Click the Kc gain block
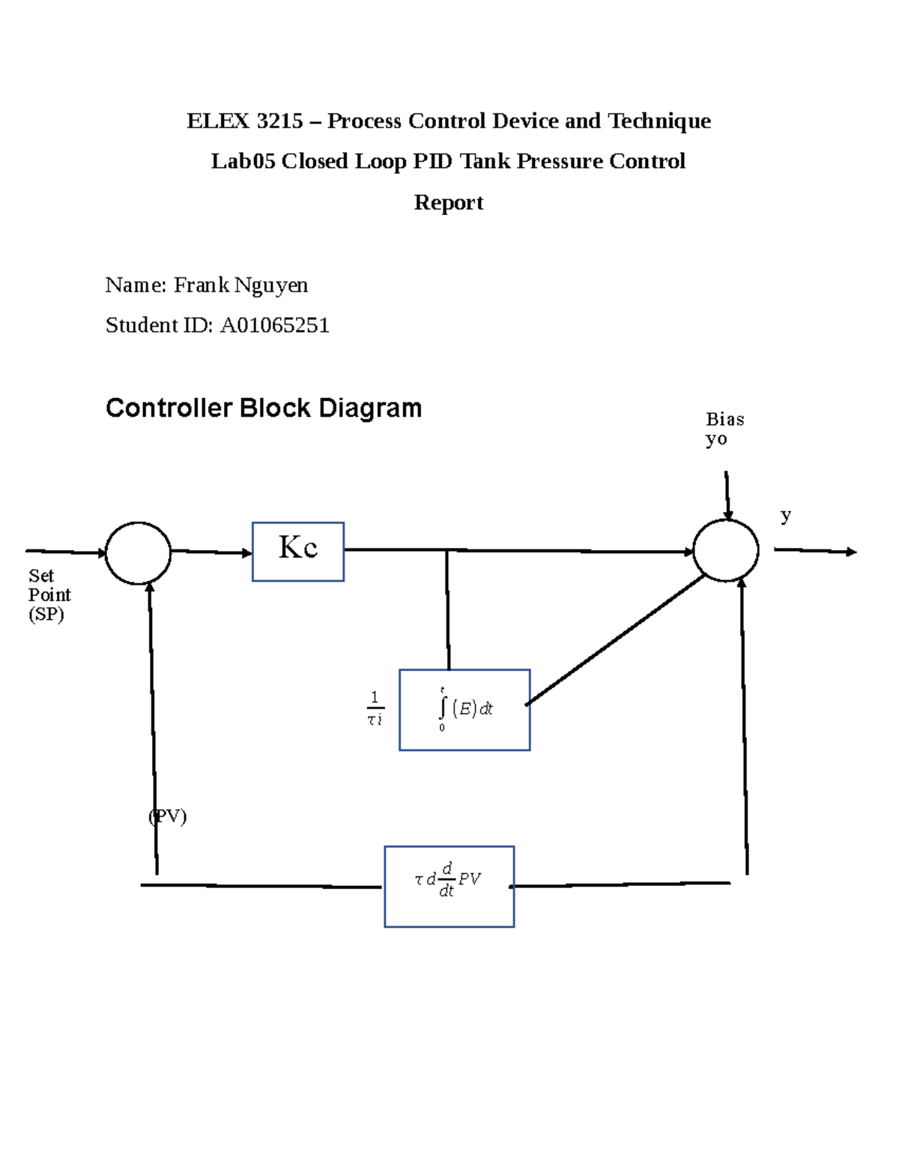coord(297,552)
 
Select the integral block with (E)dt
coord(464,710)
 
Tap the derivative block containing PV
coord(449,886)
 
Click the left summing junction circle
coord(138,553)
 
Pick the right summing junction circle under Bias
coord(725,550)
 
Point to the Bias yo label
coord(724,429)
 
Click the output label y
coord(785,516)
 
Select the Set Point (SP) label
coord(49,595)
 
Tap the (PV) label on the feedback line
coord(168,816)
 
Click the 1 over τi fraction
coord(375,709)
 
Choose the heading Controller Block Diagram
coord(264,408)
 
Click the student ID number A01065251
coord(274,325)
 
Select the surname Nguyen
coord(270,286)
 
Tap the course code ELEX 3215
coord(245,121)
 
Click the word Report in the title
coord(448,202)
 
